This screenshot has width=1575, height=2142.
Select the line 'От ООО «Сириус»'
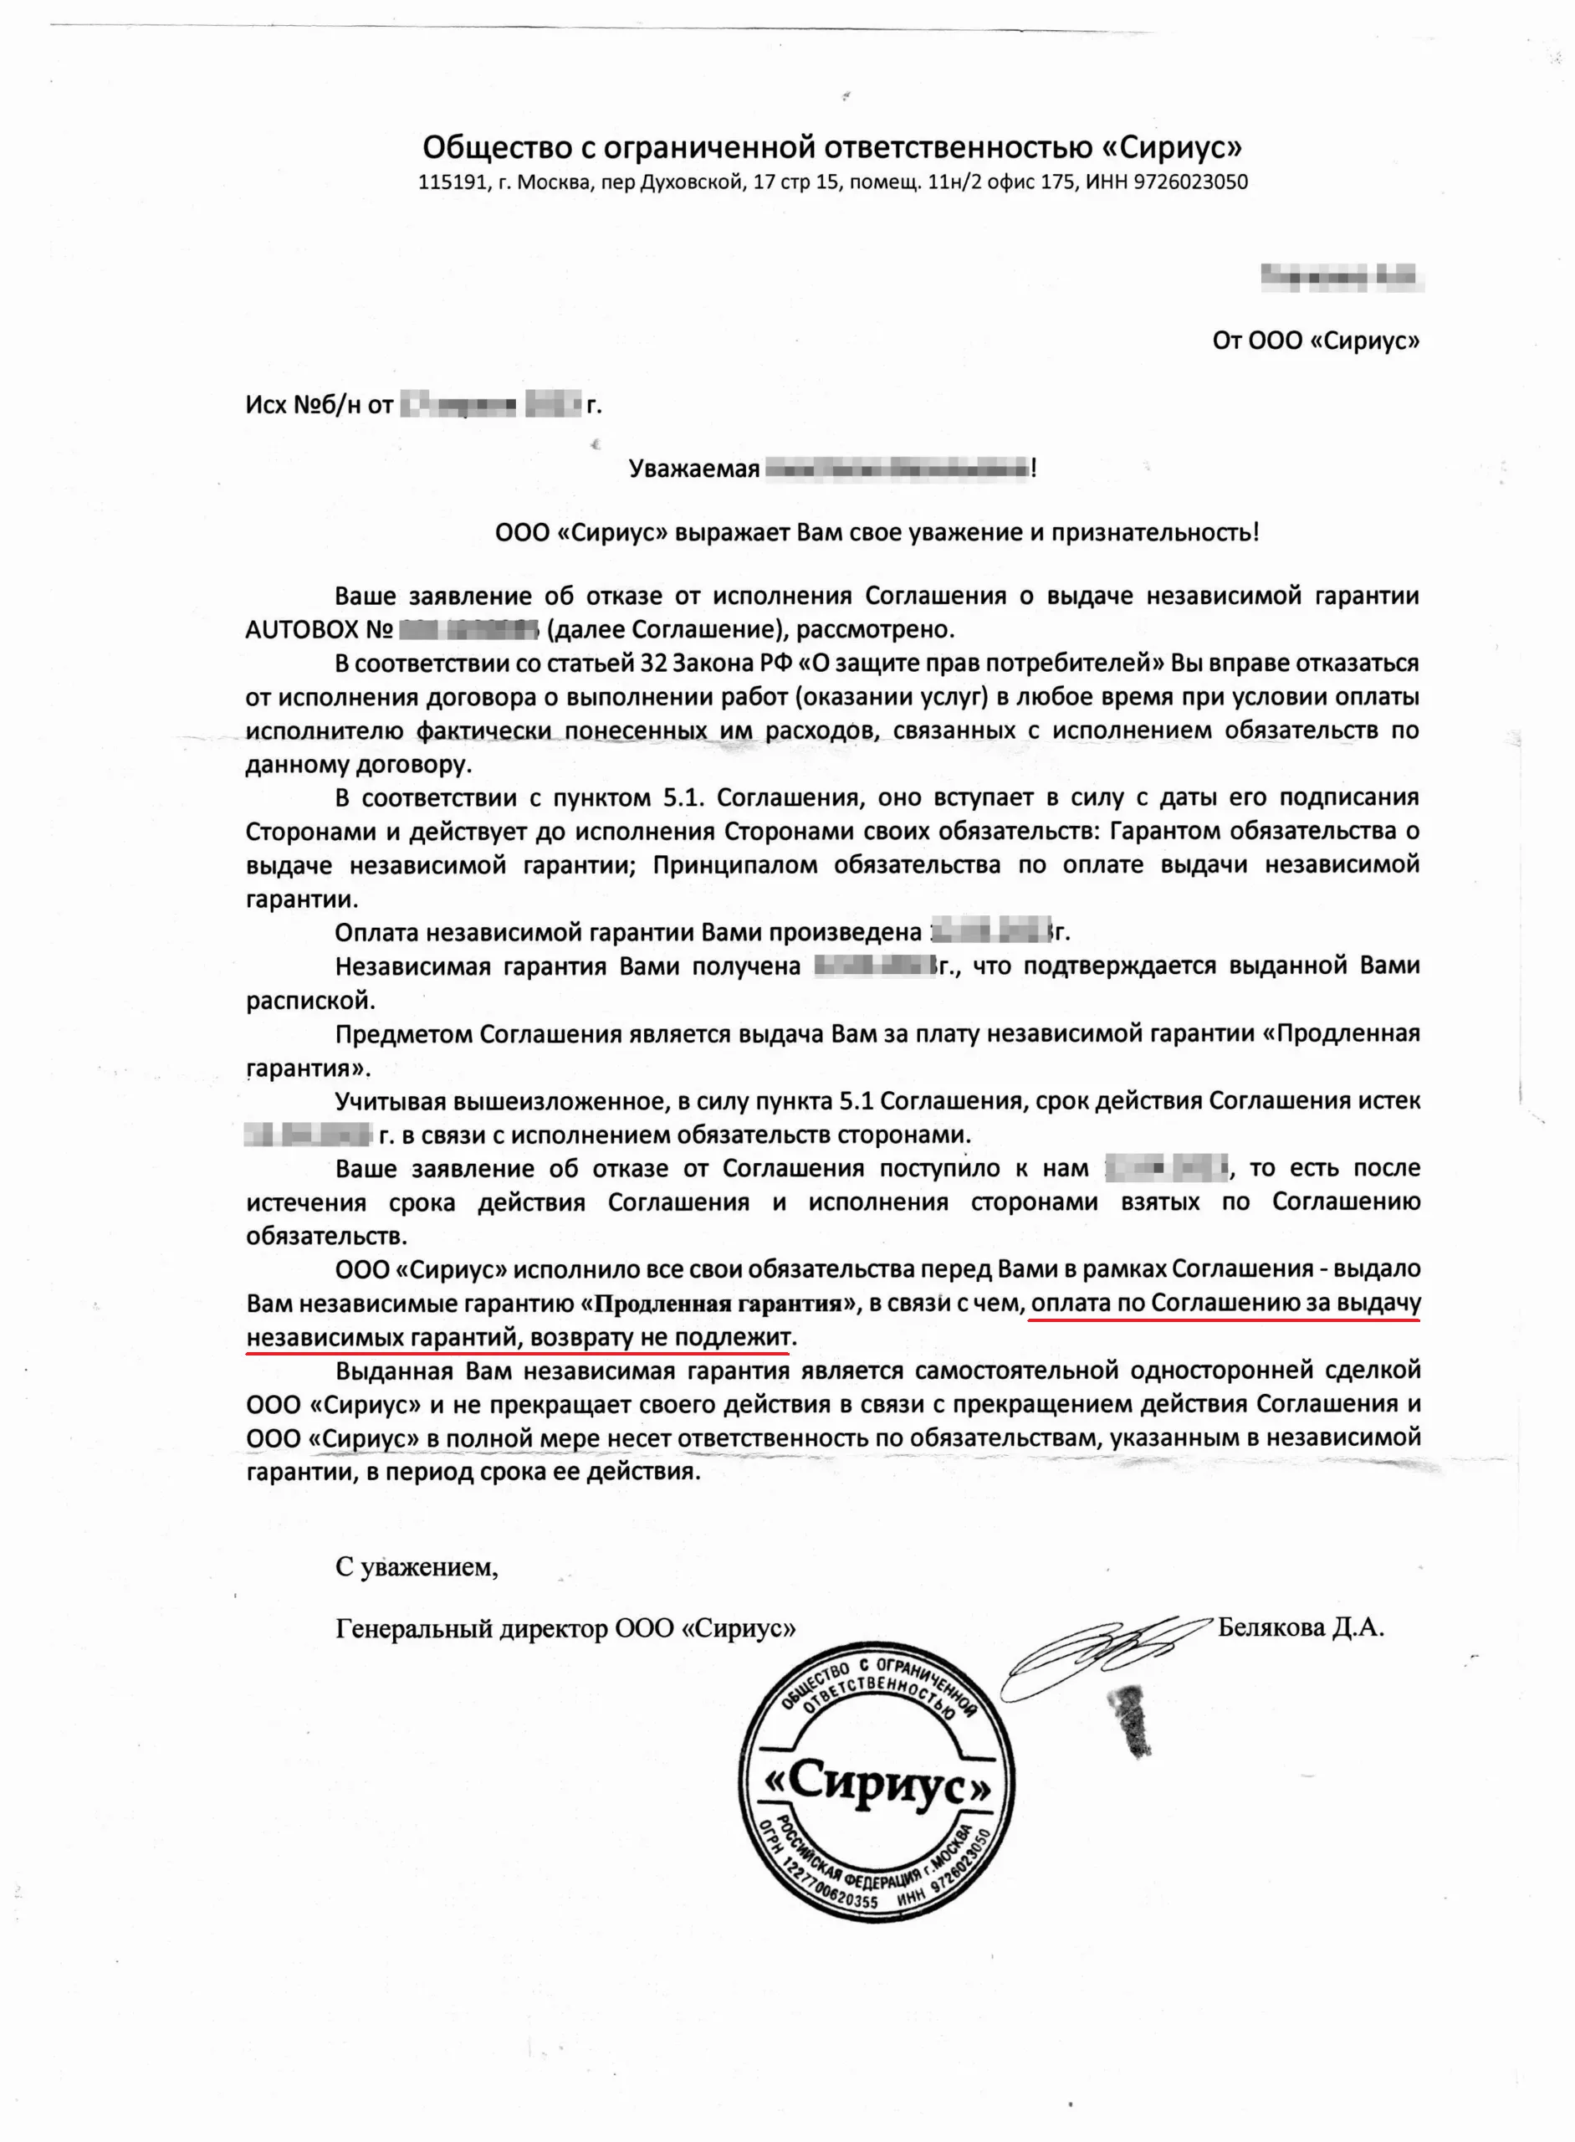click(1315, 341)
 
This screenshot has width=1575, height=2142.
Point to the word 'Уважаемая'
click(693, 469)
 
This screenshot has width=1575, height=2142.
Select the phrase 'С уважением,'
click(416, 1566)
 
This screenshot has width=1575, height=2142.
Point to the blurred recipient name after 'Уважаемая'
click(896, 469)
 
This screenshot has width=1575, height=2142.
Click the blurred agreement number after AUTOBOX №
click(469, 629)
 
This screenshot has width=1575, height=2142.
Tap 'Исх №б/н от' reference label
click(319, 405)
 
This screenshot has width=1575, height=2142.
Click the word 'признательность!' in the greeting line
click(1154, 532)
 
